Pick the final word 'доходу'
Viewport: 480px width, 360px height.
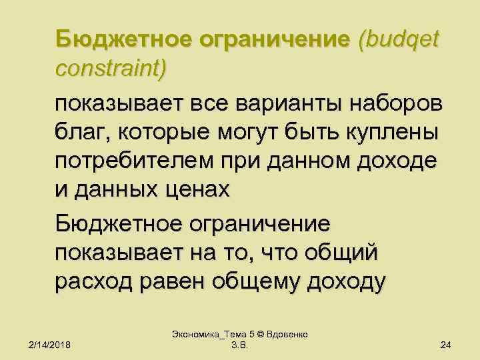[346, 282]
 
